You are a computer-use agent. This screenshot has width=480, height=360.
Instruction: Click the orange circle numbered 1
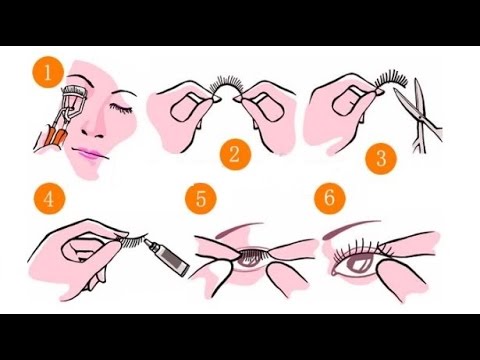[x=48, y=72]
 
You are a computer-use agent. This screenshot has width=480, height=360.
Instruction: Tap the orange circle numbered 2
[x=235, y=154]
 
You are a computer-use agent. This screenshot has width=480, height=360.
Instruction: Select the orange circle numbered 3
[x=381, y=158]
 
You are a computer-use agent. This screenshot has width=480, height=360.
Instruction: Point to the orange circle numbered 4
[x=49, y=199]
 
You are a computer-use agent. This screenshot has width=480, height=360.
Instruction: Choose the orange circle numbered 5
[x=201, y=199]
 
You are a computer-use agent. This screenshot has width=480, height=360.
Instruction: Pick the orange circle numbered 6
[x=330, y=198]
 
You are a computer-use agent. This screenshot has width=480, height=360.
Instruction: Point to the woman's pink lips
[x=89, y=154]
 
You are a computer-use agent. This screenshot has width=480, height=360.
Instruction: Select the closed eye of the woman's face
[x=122, y=108]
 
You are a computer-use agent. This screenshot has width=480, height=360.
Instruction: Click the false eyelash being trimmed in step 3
[x=391, y=80]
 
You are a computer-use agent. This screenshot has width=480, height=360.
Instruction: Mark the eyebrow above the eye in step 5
[x=238, y=229]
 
